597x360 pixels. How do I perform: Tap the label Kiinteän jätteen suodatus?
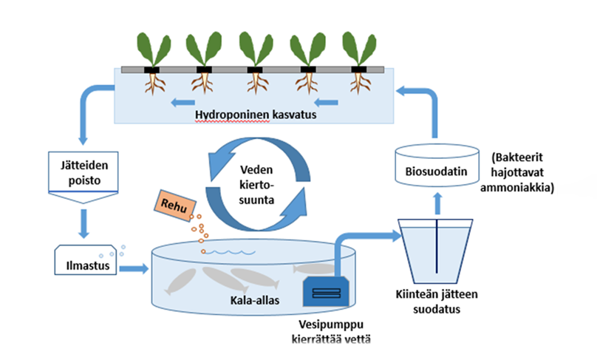pyautogui.click(x=437, y=302)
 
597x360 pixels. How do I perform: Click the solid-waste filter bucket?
pyautogui.click(x=435, y=248)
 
